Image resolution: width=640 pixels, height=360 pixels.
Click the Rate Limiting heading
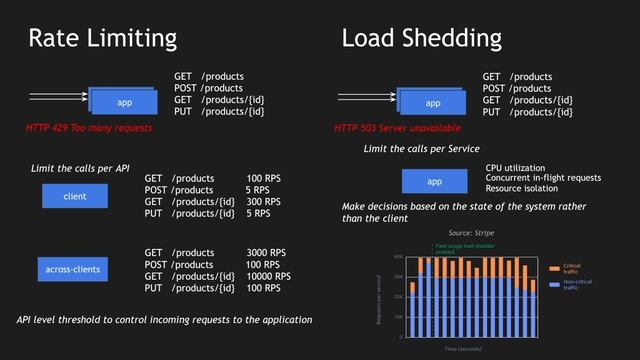(x=102, y=39)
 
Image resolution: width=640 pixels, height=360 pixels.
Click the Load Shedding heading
(x=421, y=39)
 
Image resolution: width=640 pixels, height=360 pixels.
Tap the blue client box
(x=74, y=197)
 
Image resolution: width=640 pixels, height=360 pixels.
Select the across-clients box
(x=74, y=269)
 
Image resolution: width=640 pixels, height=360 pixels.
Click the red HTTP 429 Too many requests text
(x=90, y=129)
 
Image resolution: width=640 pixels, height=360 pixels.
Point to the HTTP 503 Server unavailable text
(x=398, y=129)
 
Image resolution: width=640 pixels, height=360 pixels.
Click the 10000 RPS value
(x=269, y=276)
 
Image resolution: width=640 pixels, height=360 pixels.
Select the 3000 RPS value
(x=266, y=253)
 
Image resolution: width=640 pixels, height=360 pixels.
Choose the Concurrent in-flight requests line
(x=543, y=178)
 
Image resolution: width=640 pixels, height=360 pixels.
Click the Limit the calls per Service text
(x=421, y=148)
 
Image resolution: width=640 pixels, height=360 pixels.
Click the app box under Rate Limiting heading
(x=124, y=103)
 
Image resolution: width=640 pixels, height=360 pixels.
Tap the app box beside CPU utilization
(x=434, y=181)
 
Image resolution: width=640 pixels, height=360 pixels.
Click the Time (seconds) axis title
(x=463, y=350)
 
